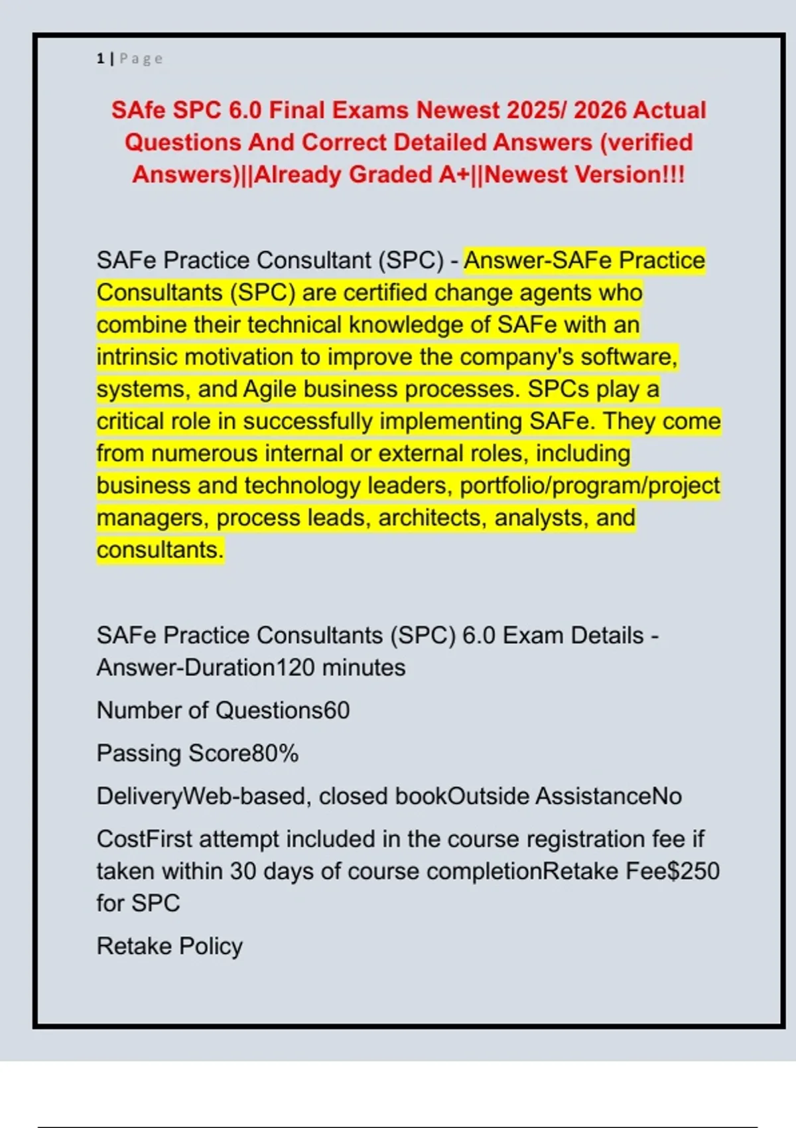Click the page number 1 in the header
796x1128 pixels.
100,59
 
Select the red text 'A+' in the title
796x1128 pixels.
454,175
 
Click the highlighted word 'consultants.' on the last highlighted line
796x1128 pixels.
160,550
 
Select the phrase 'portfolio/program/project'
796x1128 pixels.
590,486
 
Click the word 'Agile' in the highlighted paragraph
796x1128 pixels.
269,389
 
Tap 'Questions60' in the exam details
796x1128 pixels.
283,711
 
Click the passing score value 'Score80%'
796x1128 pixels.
243,754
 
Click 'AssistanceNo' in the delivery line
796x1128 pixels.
608,796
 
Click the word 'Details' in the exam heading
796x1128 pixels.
607,636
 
